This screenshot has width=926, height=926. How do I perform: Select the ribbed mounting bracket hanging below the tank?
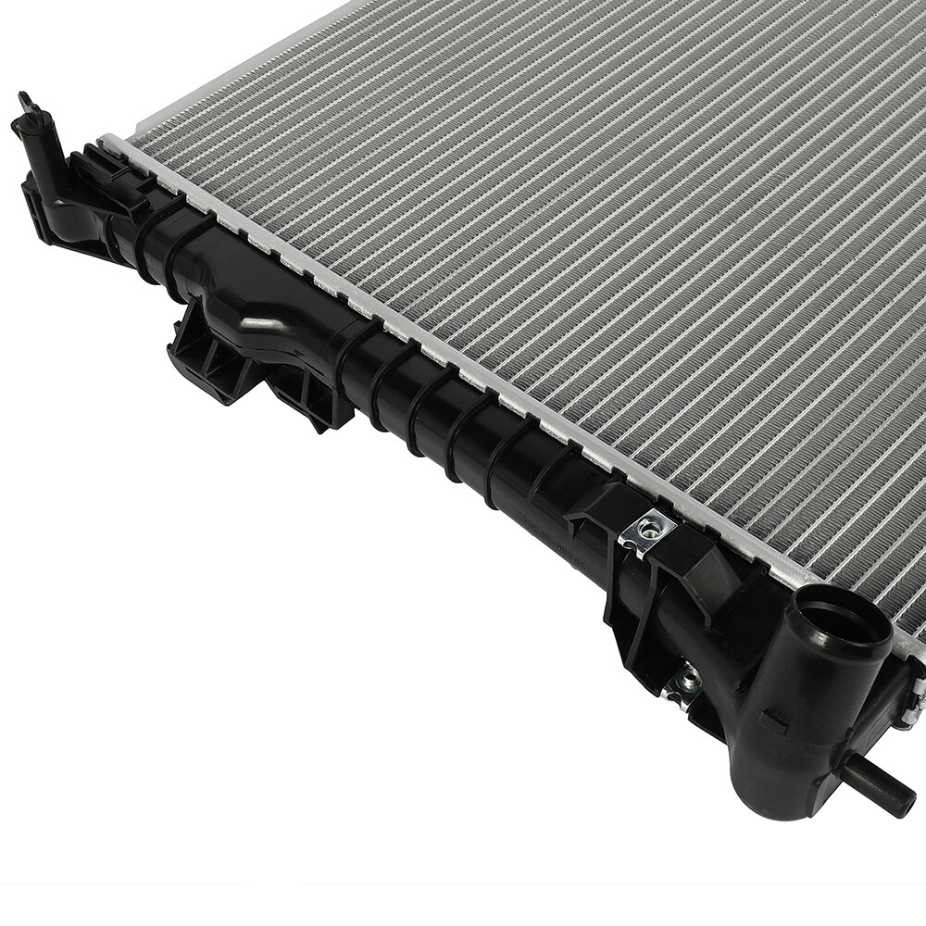coord(208,357)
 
